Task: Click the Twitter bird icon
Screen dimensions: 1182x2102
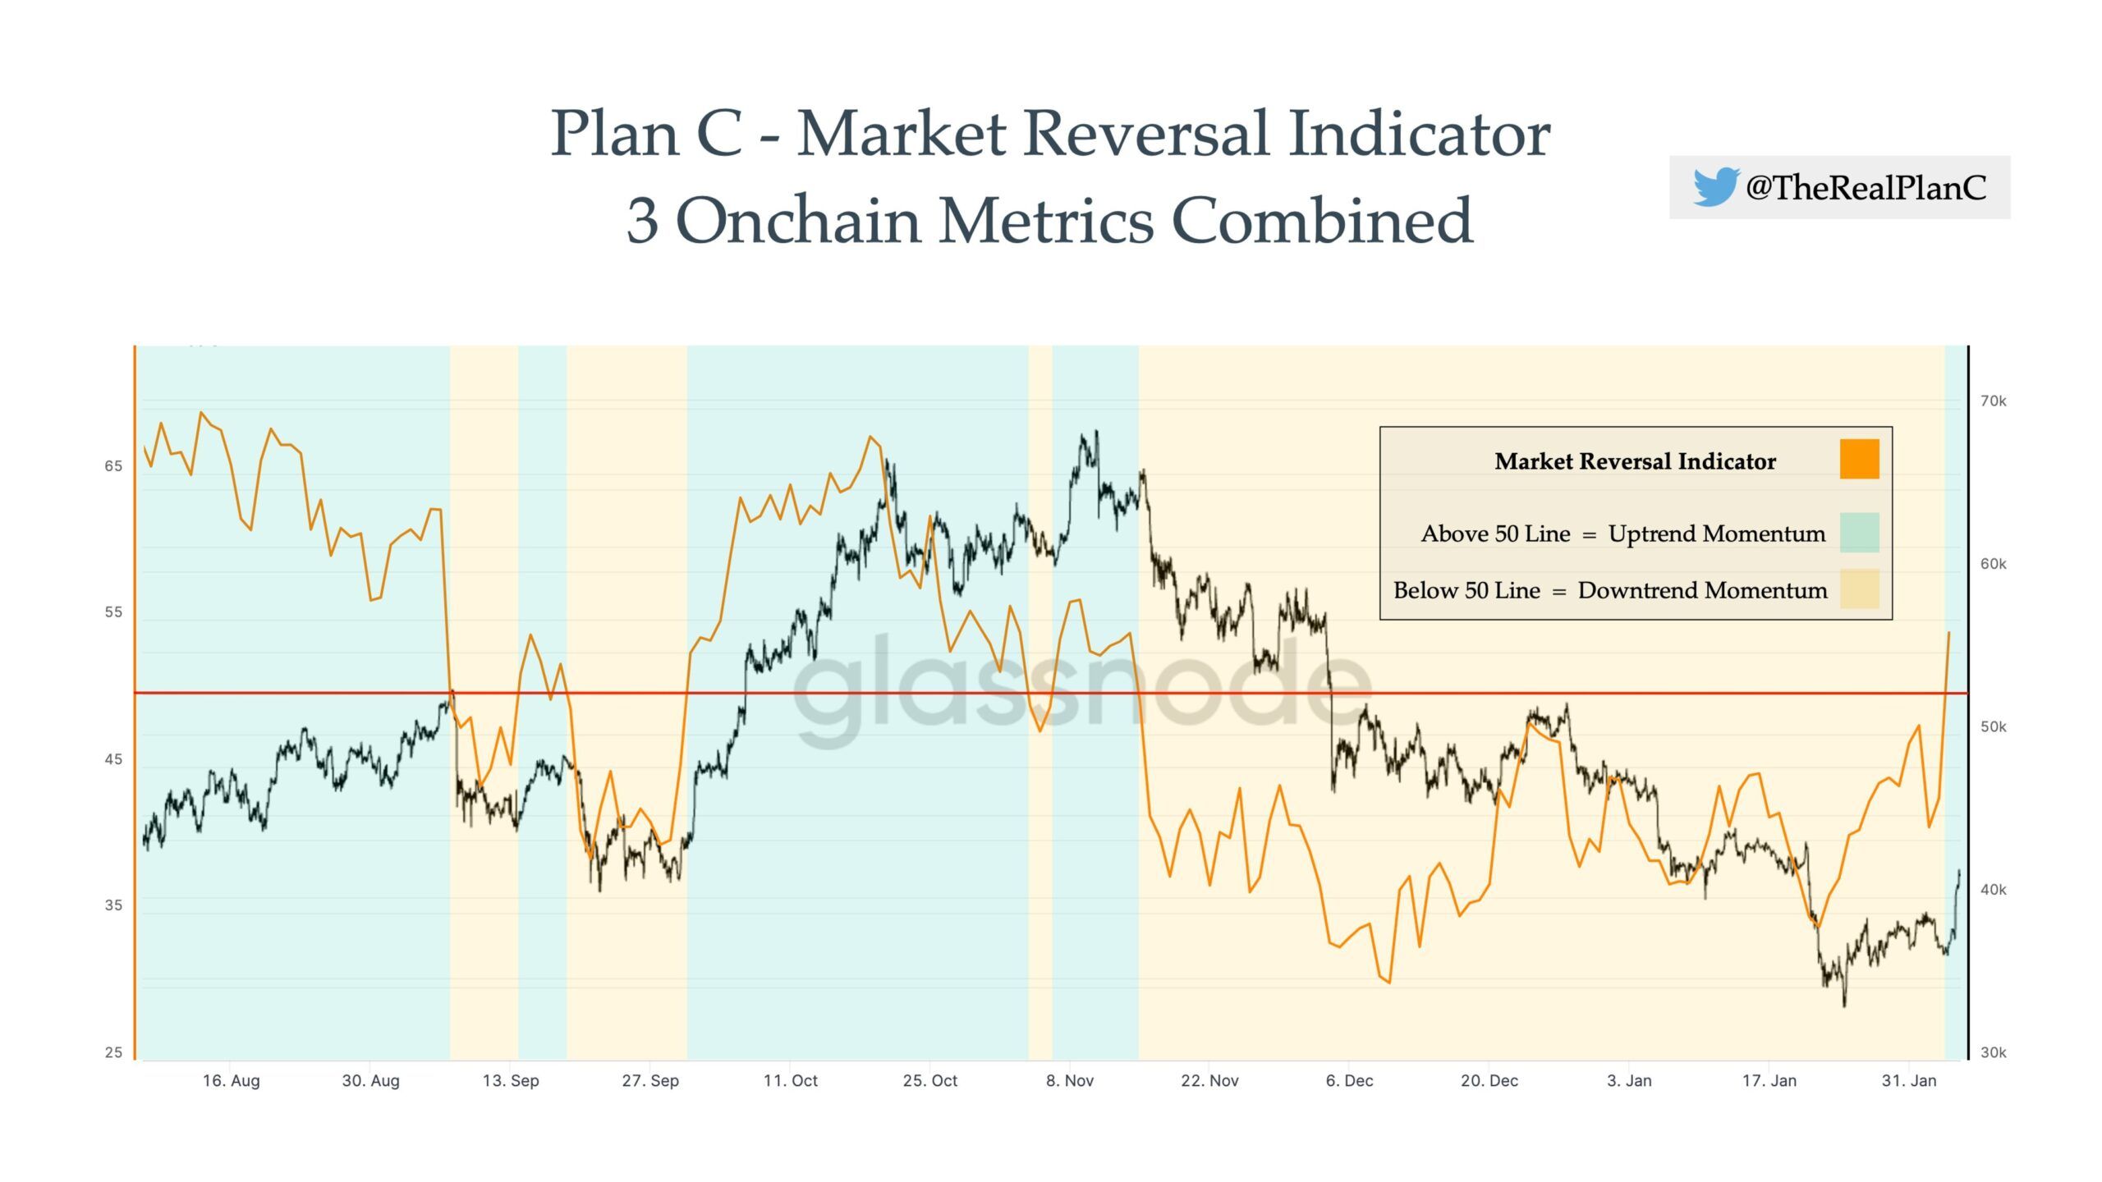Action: (1715, 186)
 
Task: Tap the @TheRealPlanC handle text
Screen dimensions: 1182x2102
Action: (1866, 188)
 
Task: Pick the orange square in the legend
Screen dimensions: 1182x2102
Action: (1859, 459)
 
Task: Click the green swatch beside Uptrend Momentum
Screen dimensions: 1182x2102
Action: (1859, 533)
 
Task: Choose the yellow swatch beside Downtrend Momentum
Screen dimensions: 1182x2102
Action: (1859, 589)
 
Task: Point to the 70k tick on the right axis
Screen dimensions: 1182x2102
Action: (1993, 401)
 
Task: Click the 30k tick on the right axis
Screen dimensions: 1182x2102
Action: (1993, 1052)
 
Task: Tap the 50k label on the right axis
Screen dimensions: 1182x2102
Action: (1993, 727)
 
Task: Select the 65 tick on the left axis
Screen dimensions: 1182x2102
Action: (113, 466)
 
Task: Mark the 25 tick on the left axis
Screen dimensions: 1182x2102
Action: (113, 1052)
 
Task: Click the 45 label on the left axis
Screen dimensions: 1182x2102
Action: (113, 759)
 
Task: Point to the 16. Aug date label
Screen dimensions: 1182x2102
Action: (231, 1081)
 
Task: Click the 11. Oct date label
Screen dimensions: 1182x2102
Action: (790, 1081)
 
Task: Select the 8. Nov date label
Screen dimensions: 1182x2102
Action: (1070, 1081)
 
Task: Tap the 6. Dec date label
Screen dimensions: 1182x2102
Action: (1349, 1081)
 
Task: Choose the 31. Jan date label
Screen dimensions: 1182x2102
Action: (1909, 1081)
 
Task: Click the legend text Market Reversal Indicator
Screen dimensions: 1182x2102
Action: (1635, 461)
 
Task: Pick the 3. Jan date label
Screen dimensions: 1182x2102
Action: (1629, 1081)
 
